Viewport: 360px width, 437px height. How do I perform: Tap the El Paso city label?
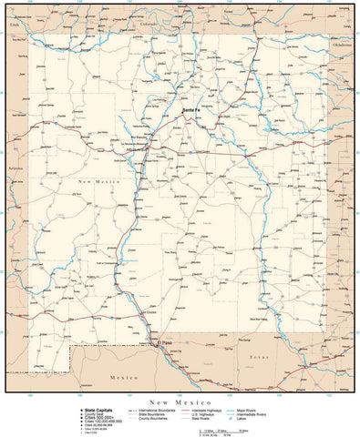point(165,342)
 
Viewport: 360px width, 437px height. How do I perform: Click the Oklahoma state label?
point(341,43)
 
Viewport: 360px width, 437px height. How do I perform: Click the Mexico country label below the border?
point(122,375)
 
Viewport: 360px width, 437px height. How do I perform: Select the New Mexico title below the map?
point(180,401)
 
